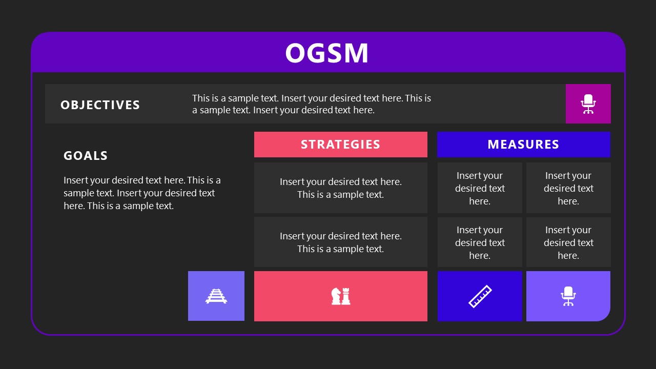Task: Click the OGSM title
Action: tap(327, 53)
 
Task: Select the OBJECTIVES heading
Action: tap(100, 105)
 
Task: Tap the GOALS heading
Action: tap(86, 156)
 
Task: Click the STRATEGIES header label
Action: tap(340, 145)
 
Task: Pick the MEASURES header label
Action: tap(523, 145)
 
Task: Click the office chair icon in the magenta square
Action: tap(588, 104)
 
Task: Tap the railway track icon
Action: tap(216, 296)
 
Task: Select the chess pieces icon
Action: tap(341, 296)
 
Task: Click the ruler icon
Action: tap(480, 296)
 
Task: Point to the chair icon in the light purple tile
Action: tap(568, 296)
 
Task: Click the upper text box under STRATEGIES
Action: tap(340, 188)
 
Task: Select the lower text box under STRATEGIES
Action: tap(340, 242)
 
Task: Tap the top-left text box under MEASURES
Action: tap(480, 188)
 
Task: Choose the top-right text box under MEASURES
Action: tap(568, 188)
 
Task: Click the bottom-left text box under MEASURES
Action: tap(480, 242)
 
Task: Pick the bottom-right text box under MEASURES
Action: tap(568, 242)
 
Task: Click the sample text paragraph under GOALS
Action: tap(142, 193)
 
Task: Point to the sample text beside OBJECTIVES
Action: tap(312, 104)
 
